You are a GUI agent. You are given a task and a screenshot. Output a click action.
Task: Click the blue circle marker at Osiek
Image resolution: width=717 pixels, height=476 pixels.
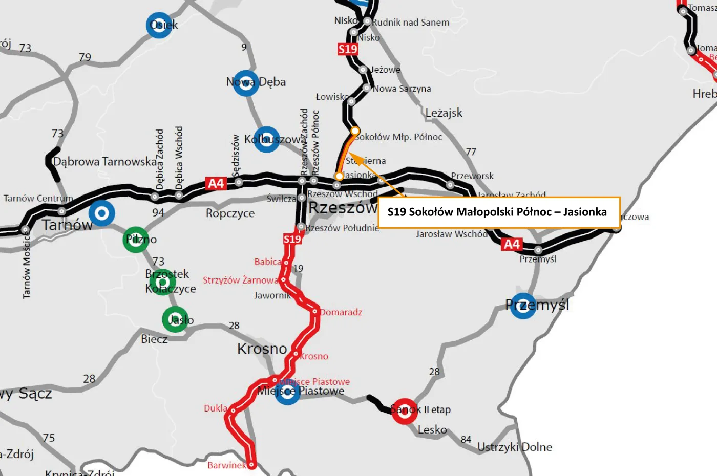point(159,25)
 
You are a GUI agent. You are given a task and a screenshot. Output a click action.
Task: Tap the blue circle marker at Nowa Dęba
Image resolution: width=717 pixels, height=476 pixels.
point(246,83)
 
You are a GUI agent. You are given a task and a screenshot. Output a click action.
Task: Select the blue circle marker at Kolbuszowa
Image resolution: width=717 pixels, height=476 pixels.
point(266,139)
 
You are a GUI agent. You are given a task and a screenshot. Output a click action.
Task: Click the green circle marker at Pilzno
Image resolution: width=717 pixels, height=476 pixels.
point(136,240)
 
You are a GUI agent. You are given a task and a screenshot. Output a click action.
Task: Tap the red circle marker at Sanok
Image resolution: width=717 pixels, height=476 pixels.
point(405,410)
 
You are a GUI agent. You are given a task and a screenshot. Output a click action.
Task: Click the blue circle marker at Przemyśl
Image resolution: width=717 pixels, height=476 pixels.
point(523,306)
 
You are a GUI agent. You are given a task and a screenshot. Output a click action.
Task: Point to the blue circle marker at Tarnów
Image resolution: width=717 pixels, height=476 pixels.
point(101,213)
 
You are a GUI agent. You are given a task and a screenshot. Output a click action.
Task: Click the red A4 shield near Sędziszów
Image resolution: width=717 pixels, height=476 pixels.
point(216,183)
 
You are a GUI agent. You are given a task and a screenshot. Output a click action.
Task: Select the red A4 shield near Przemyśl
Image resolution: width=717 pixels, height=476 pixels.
point(512,244)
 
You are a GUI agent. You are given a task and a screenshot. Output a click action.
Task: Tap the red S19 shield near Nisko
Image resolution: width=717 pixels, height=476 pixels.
point(348,49)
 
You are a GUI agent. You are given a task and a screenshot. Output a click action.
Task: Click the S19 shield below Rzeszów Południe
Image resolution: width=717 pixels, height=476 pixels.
point(292,239)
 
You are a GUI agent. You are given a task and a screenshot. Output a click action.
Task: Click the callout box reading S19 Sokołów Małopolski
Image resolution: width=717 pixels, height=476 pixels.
point(498,212)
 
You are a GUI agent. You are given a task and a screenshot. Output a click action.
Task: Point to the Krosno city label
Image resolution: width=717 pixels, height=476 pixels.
point(262,349)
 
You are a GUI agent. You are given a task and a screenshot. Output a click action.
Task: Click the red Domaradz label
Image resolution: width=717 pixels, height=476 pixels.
point(341,312)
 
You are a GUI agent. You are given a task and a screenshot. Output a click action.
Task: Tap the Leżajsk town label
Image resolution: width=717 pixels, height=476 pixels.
point(444,113)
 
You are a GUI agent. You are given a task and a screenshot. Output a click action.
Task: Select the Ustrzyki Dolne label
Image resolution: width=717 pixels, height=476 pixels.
point(514,447)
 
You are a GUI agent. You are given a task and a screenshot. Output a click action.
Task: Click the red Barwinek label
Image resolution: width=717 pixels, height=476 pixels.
point(227,465)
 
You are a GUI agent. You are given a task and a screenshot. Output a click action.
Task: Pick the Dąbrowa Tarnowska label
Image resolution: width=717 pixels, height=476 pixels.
point(105,162)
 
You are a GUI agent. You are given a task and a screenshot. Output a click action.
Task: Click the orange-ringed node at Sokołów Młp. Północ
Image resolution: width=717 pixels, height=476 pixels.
point(355,131)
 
